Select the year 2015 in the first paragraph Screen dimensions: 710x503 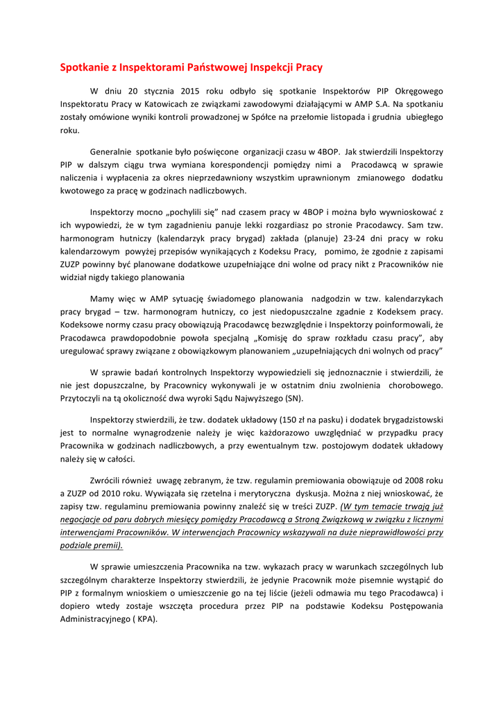[190, 91]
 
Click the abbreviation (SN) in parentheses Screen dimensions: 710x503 [291, 398]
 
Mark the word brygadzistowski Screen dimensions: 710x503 [404, 419]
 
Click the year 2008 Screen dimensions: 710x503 [409, 480]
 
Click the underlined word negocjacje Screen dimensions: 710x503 [82, 519]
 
